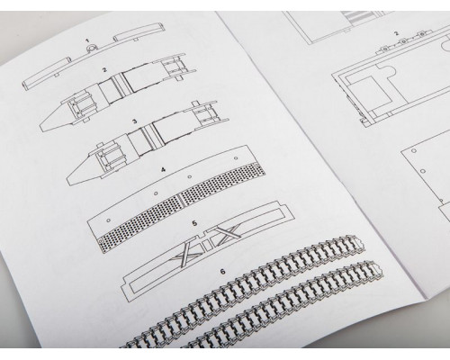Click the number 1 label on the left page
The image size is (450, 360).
(x=87, y=40)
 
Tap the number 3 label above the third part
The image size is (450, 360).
(x=135, y=121)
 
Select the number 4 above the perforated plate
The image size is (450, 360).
(x=163, y=169)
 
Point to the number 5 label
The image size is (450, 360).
(x=194, y=223)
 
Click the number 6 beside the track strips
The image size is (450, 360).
(x=222, y=272)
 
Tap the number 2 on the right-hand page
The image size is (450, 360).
(x=396, y=33)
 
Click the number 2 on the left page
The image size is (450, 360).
(x=104, y=70)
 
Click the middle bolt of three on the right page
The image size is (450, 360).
(x=403, y=41)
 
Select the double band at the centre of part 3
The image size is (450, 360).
(x=148, y=137)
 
